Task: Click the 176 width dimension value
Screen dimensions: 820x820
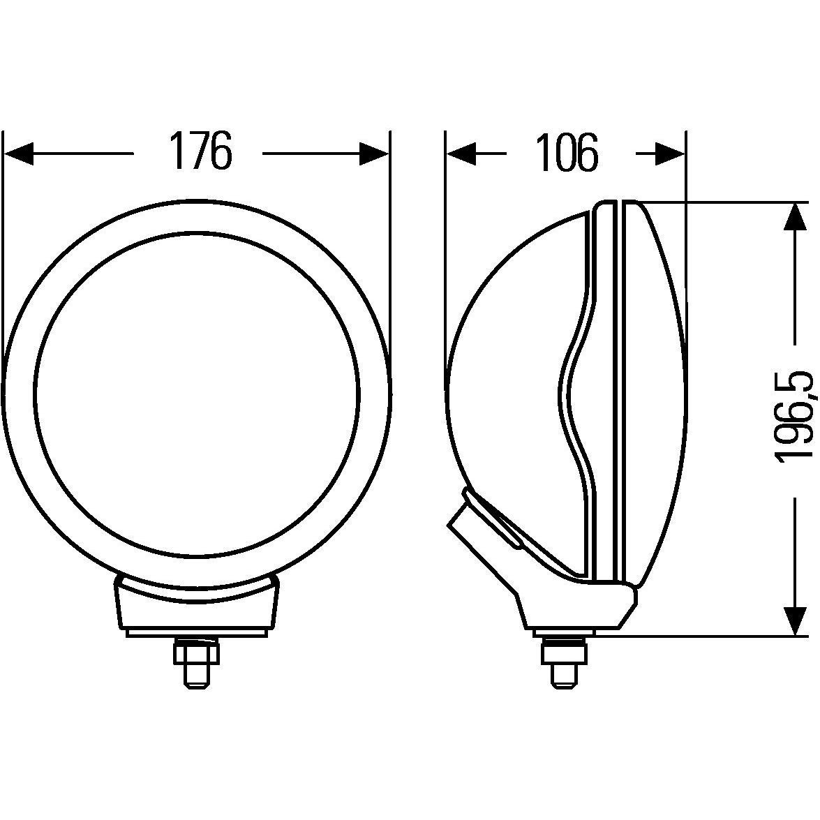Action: tap(200, 151)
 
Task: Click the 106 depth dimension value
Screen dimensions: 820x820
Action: tap(567, 153)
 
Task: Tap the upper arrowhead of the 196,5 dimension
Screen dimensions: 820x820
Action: tap(795, 216)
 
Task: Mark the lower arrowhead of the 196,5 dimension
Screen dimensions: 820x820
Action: tap(795, 620)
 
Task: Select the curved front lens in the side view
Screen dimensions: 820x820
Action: tap(659, 391)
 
